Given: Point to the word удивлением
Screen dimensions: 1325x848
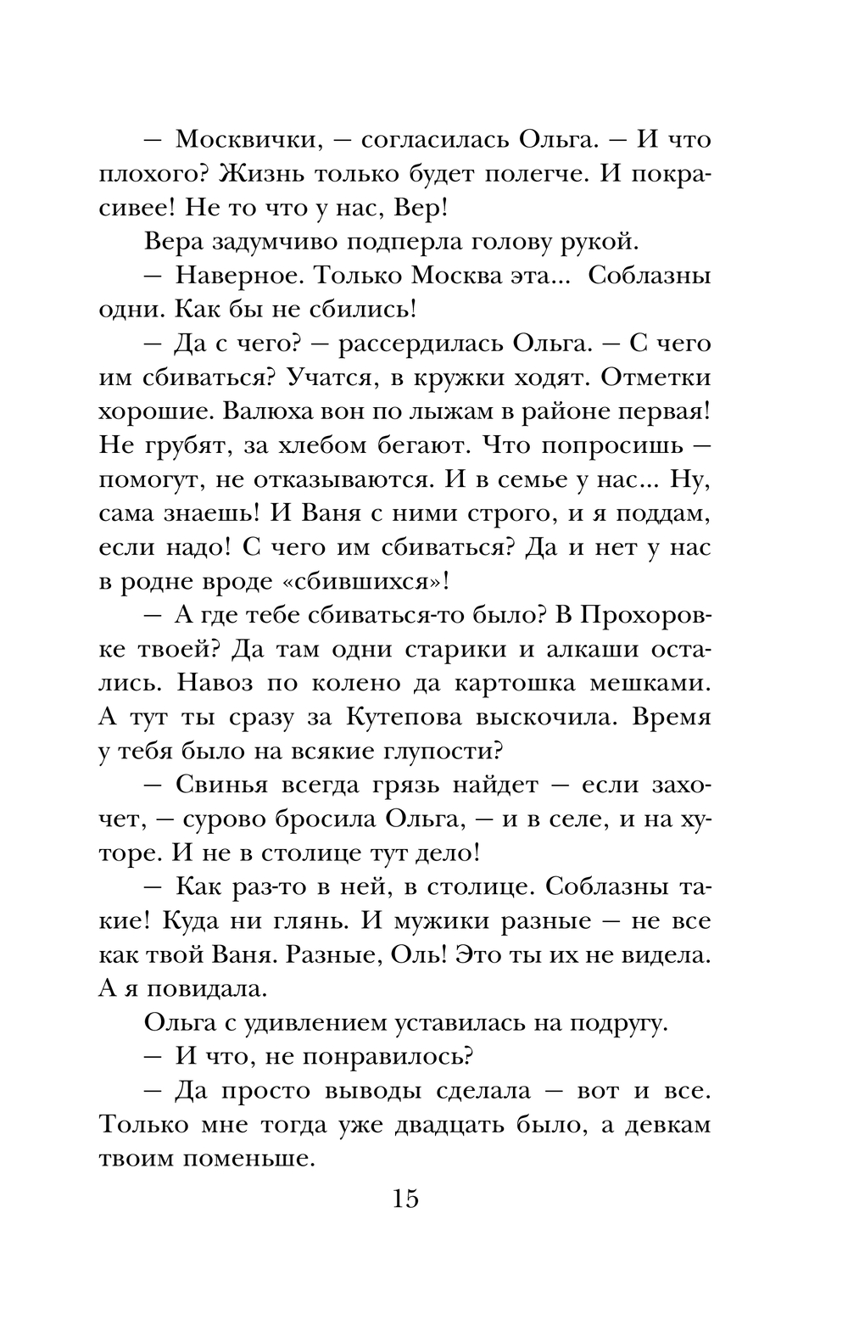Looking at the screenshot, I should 319,1022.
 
